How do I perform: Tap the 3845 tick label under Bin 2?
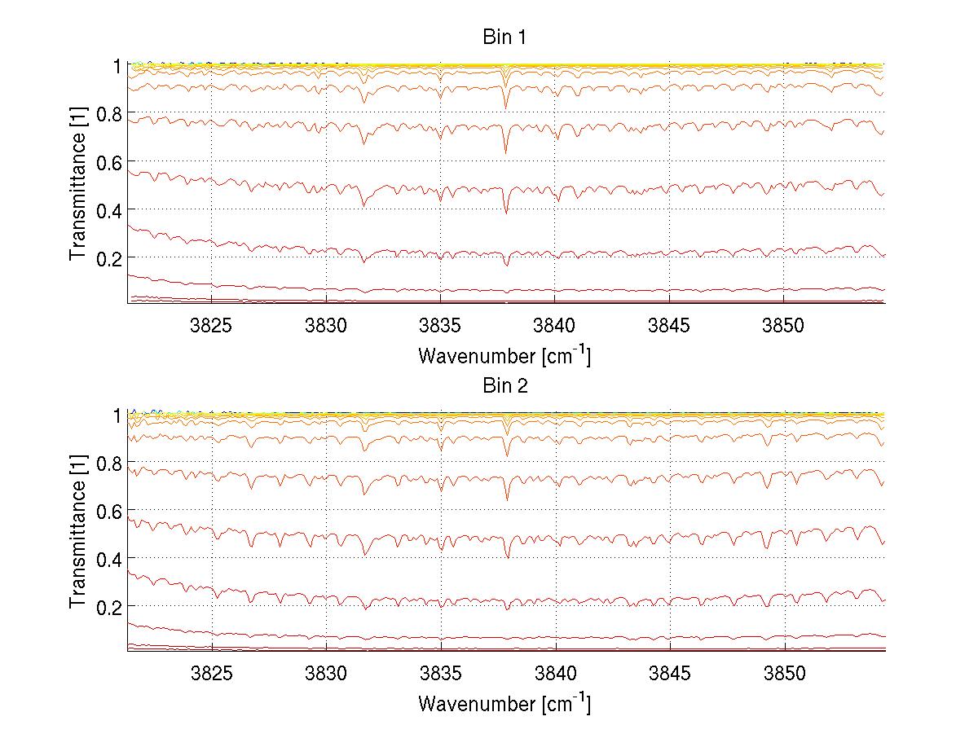coord(670,675)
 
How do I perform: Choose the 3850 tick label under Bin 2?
coord(785,675)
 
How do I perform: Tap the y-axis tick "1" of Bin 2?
coord(116,415)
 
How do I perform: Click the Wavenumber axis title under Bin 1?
coord(504,355)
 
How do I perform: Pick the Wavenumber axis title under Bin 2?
coord(504,703)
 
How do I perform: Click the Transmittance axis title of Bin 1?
coord(78,184)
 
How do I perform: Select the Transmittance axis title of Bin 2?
coord(78,533)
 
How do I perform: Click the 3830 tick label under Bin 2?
coord(326,675)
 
